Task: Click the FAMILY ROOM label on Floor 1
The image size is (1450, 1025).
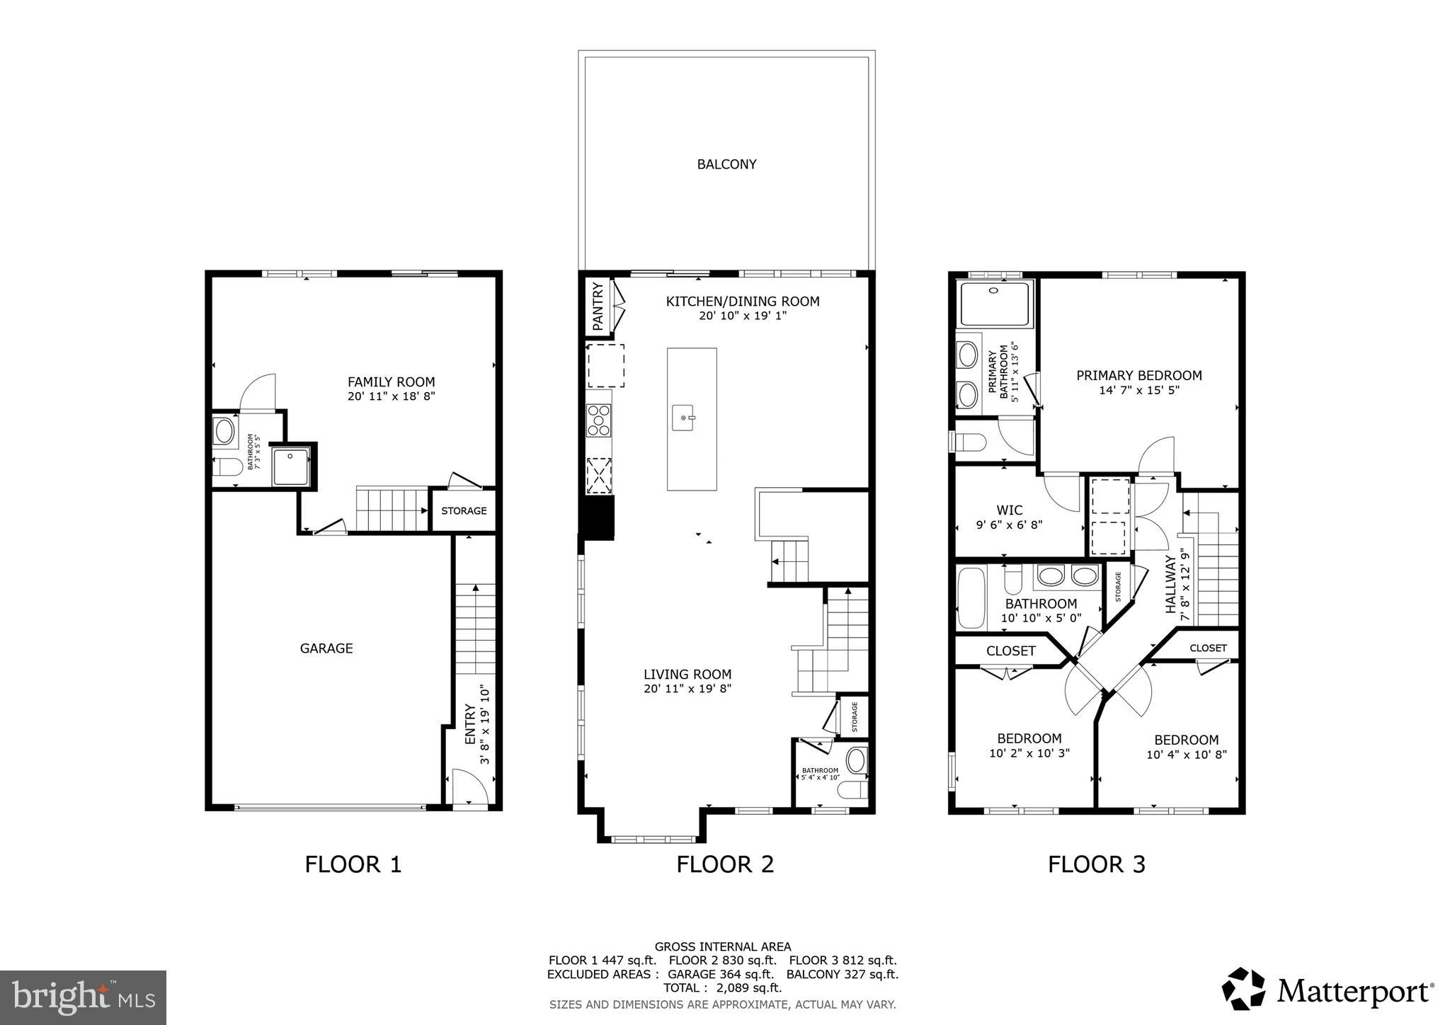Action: pyautogui.click(x=391, y=382)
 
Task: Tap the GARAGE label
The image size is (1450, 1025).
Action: pyautogui.click(x=326, y=648)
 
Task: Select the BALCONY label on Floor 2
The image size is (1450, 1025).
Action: pyautogui.click(x=726, y=164)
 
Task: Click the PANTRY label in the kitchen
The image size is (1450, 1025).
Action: pyautogui.click(x=598, y=307)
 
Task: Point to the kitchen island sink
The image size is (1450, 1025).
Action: pyautogui.click(x=684, y=418)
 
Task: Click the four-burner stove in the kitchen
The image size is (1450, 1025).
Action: pyautogui.click(x=598, y=420)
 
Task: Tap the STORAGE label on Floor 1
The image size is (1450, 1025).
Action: pyautogui.click(x=464, y=510)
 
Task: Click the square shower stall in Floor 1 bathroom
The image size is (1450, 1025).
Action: pyautogui.click(x=291, y=466)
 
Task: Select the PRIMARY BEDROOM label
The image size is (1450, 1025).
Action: pyautogui.click(x=1138, y=375)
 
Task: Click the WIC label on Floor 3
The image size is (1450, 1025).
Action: pyautogui.click(x=1009, y=510)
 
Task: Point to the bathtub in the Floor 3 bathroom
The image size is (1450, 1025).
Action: pyautogui.click(x=971, y=597)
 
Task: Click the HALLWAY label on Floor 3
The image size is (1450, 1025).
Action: pyautogui.click(x=1170, y=584)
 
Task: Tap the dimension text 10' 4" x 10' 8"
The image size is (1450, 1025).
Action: pyautogui.click(x=1186, y=755)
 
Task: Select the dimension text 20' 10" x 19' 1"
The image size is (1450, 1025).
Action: pyautogui.click(x=743, y=316)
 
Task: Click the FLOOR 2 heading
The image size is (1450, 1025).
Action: pyautogui.click(x=725, y=864)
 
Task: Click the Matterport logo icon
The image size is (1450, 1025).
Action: pyautogui.click(x=1243, y=989)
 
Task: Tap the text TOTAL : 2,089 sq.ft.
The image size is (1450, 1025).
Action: pyautogui.click(x=722, y=987)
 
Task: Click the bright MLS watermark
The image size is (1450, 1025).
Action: pyautogui.click(x=84, y=997)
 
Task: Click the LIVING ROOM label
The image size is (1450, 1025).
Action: pyautogui.click(x=687, y=675)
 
